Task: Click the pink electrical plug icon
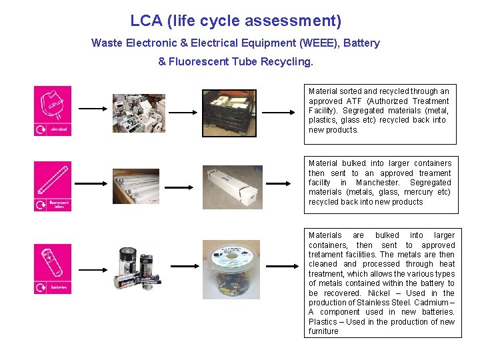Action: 53,111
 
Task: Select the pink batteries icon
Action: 53,269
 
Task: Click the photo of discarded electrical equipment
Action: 138,113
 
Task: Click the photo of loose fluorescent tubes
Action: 137,186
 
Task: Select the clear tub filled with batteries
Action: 231,269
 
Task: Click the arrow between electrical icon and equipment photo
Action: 93,108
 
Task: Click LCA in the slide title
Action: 145,21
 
